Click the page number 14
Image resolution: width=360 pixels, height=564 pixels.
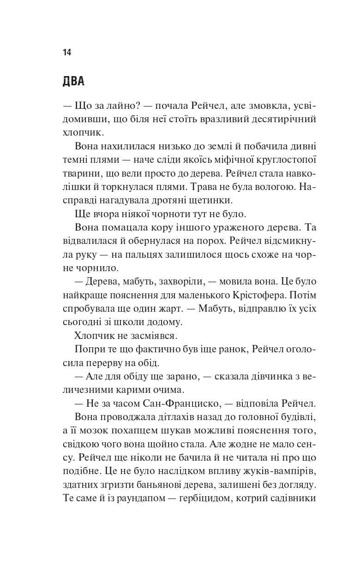coord(66,52)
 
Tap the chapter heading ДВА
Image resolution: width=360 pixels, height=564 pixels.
coord(73,82)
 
